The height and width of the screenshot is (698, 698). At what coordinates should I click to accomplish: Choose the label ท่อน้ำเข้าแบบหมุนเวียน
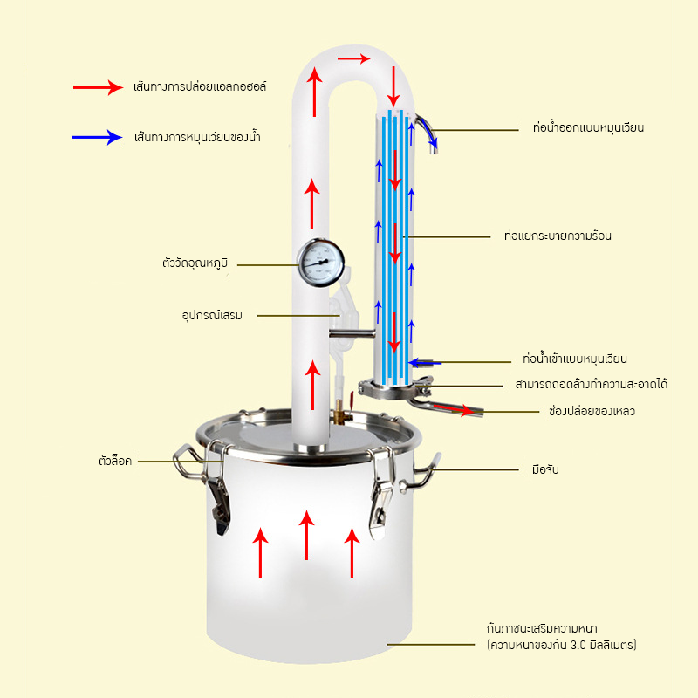pos(574,359)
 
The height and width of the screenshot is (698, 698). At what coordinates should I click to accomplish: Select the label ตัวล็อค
pos(114,460)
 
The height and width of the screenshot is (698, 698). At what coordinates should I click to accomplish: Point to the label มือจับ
pos(544,469)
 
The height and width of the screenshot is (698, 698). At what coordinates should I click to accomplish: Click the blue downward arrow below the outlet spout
pos(432,141)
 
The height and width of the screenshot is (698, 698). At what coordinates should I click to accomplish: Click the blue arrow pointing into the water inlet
pos(425,361)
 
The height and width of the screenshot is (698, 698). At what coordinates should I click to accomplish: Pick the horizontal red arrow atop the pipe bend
pos(353,58)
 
